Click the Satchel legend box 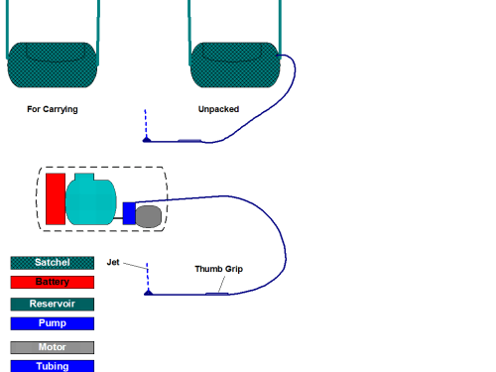click(x=53, y=263)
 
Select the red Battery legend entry click(x=53, y=282)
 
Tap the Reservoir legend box click(x=53, y=305)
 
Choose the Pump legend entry click(x=53, y=323)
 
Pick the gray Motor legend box click(x=53, y=347)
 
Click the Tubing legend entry click(x=53, y=366)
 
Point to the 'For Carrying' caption click(x=53, y=109)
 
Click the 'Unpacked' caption click(x=218, y=109)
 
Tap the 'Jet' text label click(x=113, y=262)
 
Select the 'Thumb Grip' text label click(x=219, y=269)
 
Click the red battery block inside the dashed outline click(x=56, y=198)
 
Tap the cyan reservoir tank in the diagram click(x=91, y=199)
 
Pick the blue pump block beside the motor click(x=129, y=213)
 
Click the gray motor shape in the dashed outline click(x=149, y=216)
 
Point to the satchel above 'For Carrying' click(x=53, y=64)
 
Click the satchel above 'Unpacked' click(x=235, y=64)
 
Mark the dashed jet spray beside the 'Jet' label click(x=148, y=277)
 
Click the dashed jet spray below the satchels click(x=146, y=123)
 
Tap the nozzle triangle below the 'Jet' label click(x=149, y=292)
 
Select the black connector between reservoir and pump click(x=118, y=218)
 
